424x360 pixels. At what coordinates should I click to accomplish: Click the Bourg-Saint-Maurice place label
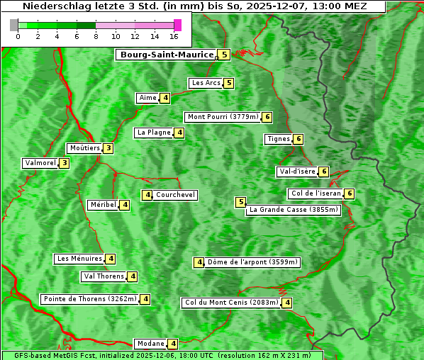pyautogui.click(x=167, y=55)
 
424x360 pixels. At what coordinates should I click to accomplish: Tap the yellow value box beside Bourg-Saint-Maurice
pyautogui.click(x=224, y=55)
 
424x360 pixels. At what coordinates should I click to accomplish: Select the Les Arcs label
pyautogui.click(x=206, y=83)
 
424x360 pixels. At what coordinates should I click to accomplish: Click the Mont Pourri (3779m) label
pyautogui.click(x=222, y=117)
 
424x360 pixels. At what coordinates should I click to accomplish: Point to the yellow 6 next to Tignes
pyautogui.click(x=299, y=139)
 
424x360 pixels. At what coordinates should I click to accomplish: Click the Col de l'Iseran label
pyautogui.click(x=316, y=193)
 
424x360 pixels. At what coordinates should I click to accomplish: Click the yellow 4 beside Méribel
pyautogui.click(x=125, y=205)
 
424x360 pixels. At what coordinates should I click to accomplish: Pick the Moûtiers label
pyautogui.click(x=84, y=148)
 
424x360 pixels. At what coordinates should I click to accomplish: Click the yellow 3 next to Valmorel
pyautogui.click(x=65, y=163)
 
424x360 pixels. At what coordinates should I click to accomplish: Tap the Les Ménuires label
pyautogui.click(x=79, y=259)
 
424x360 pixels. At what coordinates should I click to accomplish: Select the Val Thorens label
pyautogui.click(x=104, y=276)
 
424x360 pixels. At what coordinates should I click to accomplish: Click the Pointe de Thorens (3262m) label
pyautogui.click(x=89, y=299)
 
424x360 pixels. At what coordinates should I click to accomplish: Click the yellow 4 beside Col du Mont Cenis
pyautogui.click(x=287, y=303)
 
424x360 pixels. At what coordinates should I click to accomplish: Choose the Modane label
pyautogui.click(x=150, y=344)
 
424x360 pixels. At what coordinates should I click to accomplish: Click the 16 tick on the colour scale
pyautogui.click(x=174, y=36)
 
